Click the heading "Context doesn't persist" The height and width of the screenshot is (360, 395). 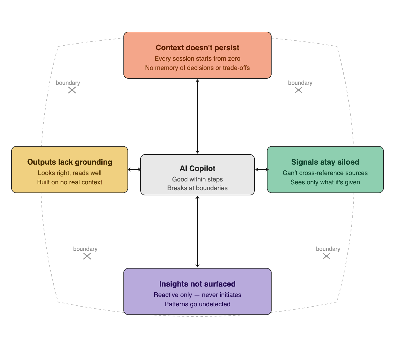click(198, 48)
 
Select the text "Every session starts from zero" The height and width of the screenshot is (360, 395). click(198, 59)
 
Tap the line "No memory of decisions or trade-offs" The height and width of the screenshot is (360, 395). click(198, 68)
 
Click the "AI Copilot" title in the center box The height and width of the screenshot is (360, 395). click(198, 168)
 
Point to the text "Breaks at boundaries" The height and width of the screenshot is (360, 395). click(198, 188)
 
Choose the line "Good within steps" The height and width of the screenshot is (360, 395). click(198, 179)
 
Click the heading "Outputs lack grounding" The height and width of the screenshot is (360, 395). click(70, 162)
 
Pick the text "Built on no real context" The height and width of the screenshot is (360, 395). click(70, 182)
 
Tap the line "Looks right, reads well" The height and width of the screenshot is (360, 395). click(70, 173)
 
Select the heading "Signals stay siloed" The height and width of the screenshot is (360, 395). click(325, 162)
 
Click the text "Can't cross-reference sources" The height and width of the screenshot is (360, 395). click(325, 173)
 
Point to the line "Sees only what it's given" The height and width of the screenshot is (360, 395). click(325, 182)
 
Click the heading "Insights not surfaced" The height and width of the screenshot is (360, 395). click(198, 284)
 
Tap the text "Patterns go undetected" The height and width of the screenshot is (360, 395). click(198, 304)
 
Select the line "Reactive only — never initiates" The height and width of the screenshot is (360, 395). click(198, 295)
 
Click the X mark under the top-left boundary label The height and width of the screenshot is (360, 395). click(72, 90)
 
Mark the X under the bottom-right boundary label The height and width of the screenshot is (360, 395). click(326, 256)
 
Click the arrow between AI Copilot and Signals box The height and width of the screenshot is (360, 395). click(262, 170)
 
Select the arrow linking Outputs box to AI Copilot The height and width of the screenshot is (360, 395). click(134, 170)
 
